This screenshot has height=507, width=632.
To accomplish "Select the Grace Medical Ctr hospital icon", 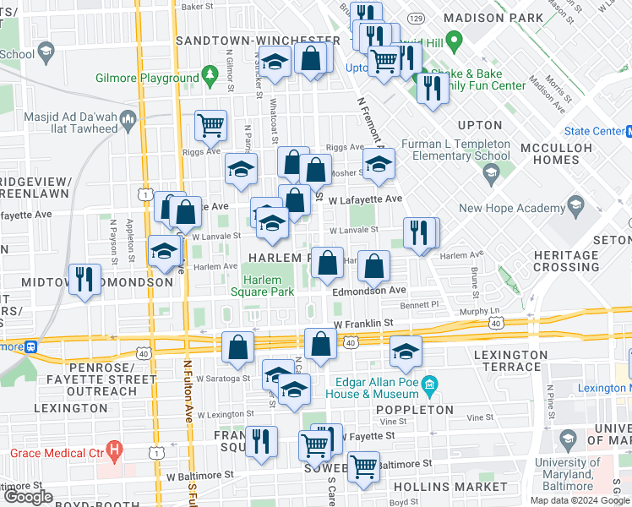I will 112,450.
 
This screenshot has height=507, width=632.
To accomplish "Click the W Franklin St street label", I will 364,323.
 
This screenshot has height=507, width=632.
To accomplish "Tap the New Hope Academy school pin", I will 575,204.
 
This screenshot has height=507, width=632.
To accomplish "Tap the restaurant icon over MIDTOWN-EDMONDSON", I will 84,279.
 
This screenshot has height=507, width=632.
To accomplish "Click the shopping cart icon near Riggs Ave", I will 210,125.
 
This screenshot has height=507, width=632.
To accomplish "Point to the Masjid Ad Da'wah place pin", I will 128,117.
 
